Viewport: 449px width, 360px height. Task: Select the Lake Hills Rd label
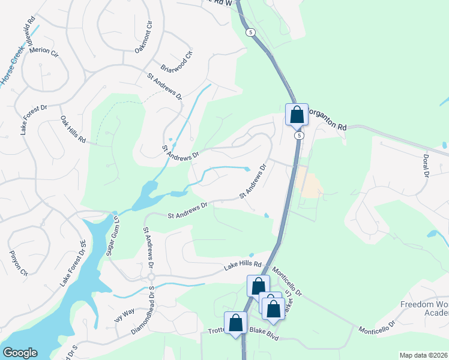pyautogui.click(x=243, y=265)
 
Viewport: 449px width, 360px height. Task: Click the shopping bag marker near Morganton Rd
pyautogui.click(x=297, y=114)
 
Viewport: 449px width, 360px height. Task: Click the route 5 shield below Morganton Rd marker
pyautogui.click(x=298, y=136)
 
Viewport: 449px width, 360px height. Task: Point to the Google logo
pyautogui.click(x=20, y=353)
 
